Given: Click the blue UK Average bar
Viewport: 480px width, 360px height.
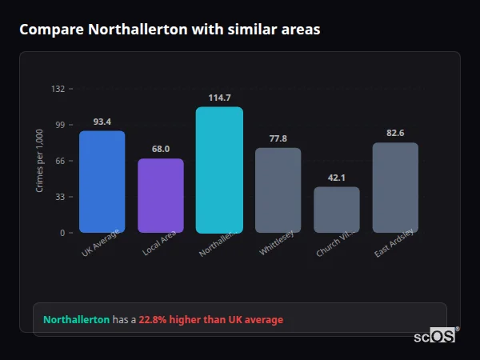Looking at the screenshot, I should (x=102, y=182).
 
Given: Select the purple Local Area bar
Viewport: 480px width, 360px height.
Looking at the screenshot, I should (x=161, y=196).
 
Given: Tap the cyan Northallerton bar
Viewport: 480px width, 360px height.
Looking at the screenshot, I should (x=219, y=170).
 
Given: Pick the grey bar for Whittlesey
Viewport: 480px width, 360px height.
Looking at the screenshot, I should (x=278, y=190).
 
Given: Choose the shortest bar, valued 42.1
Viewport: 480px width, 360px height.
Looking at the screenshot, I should (x=336, y=210).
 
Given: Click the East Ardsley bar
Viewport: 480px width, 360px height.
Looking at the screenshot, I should (x=395, y=188).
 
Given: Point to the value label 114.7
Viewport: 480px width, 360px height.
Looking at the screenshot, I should (x=219, y=98).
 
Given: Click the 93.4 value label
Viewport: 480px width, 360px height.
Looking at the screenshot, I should (x=102, y=122).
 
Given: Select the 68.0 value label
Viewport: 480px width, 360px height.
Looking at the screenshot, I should (x=161, y=149).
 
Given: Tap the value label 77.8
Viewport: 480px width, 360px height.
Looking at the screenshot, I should (x=278, y=138).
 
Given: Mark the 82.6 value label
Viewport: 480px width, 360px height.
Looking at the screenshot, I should (x=395, y=133).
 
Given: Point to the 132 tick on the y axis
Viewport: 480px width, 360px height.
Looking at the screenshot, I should (x=58, y=89).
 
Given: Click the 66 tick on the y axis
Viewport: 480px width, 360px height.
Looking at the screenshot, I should (x=60, y=161).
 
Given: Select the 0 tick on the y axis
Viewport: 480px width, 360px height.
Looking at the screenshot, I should (x=62, y=233).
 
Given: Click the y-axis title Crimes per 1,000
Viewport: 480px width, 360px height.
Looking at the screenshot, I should (x=39, y=161).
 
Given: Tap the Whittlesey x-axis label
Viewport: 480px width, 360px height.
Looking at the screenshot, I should (x=277, y=243).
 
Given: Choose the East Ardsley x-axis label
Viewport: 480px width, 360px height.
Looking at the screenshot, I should (x=394, y=243).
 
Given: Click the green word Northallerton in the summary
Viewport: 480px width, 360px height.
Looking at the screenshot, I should (x=76, y=319).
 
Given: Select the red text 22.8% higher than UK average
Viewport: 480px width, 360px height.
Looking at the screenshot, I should (x=211, y=319).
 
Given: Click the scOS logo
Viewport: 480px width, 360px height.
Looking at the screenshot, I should (x=434, y=336).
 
